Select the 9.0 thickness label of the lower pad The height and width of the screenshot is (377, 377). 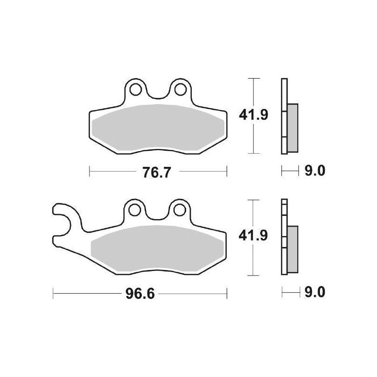[314, 293]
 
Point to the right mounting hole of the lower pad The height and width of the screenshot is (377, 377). [179, 209]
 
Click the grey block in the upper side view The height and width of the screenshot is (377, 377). [293, 127]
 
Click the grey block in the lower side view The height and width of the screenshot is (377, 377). [293, 249]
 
